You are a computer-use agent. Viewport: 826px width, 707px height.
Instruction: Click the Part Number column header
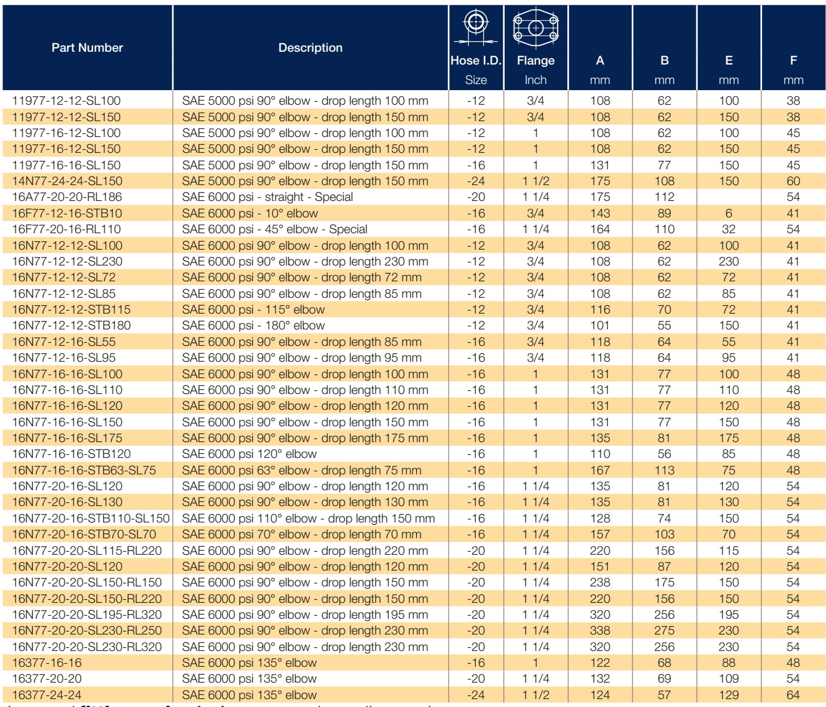coord(87,47)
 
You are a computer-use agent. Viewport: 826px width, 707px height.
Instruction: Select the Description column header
coord(310,47)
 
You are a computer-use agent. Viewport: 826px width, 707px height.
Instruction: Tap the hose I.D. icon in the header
coord(475,27)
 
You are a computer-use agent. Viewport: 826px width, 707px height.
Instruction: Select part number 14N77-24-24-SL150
coord(67,181)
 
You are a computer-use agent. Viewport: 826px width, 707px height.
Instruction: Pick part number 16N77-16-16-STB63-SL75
coord(84,470)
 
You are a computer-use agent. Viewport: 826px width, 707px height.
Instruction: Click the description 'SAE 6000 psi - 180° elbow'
coord(253,326)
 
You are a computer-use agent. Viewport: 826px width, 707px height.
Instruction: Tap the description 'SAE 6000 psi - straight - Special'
coord(267,197)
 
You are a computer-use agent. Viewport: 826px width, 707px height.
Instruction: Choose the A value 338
coord(600,631)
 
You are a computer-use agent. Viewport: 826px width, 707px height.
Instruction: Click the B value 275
coord(664,631)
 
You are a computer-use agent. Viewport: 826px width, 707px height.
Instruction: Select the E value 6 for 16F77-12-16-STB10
coord(729,214)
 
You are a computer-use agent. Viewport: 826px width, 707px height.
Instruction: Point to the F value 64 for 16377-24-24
coord(793,695)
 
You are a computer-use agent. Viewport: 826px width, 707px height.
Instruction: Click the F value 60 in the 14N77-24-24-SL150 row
coord(793,181)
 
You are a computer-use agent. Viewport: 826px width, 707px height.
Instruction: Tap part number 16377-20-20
coord(47,678)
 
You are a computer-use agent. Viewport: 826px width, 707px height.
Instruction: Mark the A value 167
coord(600,470)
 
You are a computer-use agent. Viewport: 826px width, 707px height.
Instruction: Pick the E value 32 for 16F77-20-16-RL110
coord(729,230)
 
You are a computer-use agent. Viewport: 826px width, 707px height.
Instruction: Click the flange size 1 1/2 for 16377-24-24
coord(536,695)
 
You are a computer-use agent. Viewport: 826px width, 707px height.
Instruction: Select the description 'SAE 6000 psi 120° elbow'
coord(250,454)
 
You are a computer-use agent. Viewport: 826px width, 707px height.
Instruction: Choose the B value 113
coord(664,470)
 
